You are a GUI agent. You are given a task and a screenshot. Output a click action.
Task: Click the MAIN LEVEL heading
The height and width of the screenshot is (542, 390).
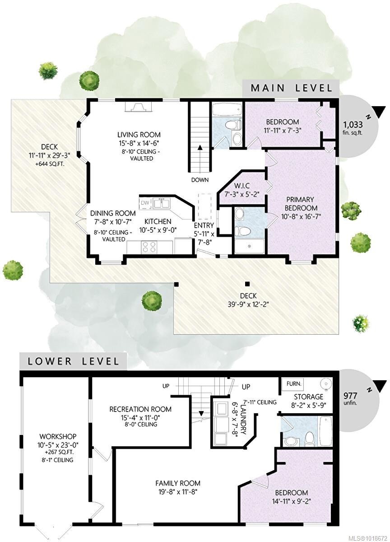pyautogui.click(x=292, y=88)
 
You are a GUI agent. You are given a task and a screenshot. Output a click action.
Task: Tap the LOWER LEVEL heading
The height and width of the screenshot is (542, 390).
pyautogui.click(x=74, y=361)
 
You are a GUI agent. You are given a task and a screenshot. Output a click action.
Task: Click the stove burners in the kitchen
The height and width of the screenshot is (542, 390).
pyautogui.click(x=149, y=247)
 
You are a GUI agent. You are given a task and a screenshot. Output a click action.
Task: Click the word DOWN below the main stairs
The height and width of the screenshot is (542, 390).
pyautogui.click(x=200, y=180)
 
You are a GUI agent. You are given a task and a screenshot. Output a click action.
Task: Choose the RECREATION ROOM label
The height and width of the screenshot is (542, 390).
pyautogui.click(x=140, y=409)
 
